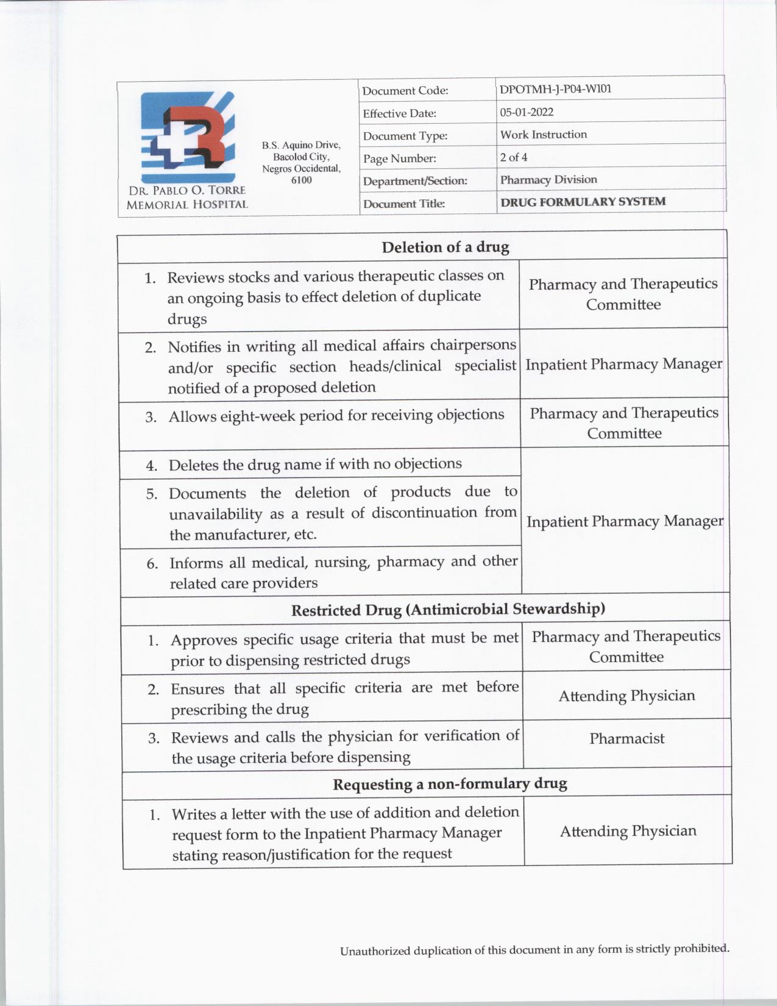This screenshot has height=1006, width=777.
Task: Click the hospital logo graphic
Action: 187,137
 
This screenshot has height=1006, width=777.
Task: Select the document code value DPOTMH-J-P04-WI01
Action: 555,89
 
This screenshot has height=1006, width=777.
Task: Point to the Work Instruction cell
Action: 544,135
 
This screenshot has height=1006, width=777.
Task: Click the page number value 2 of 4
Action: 514,157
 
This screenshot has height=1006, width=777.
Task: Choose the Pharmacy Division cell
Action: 548,180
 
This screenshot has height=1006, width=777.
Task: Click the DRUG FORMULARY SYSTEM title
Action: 583,202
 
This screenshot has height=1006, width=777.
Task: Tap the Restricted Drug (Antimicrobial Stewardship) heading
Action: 448,609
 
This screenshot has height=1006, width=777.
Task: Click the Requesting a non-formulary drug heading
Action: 450,784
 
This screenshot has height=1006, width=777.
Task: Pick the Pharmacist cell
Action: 626,739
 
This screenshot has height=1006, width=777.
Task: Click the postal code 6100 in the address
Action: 301,180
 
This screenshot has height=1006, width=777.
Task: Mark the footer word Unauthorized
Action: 375,951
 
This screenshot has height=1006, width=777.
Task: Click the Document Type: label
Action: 405,136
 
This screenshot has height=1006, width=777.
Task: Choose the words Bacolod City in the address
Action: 300,157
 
